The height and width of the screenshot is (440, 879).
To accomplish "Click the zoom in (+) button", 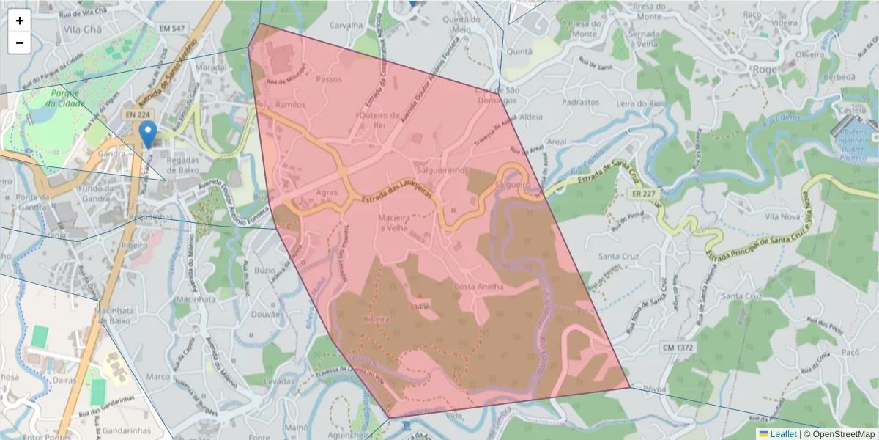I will click(20, 21).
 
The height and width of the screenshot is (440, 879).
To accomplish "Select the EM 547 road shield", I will click(173, 28).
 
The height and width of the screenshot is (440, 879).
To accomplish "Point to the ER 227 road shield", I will click(642, 194).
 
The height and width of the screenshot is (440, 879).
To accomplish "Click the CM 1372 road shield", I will click(678, 346).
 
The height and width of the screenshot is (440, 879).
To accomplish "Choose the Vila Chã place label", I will click(82, 29).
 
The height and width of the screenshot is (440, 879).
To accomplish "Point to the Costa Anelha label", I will click(479, 287).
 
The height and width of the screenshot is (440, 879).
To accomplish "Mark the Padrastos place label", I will click(581, 103).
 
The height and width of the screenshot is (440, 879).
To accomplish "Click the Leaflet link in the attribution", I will click(782, 434).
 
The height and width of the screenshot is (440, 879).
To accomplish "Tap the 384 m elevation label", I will click(419, 306).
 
